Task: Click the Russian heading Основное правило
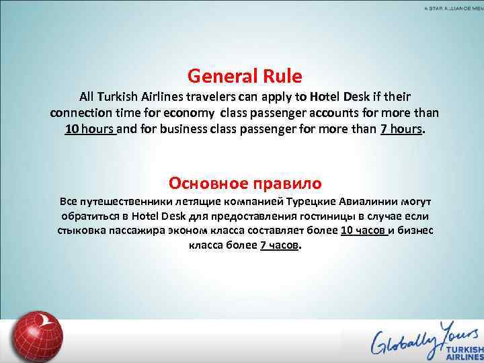245,183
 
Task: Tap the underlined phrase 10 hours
90,129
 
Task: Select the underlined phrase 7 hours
402,129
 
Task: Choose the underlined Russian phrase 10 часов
363,231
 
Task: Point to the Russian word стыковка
80,231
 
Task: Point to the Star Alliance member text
454,7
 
